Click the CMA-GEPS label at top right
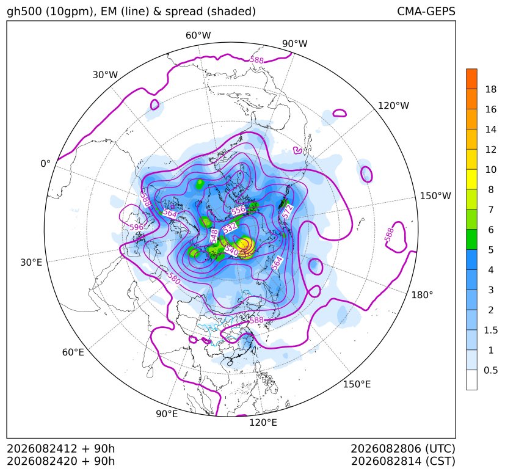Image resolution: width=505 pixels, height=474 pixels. click(x=426, y=11)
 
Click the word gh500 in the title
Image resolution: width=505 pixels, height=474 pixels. click(x=25, y=12)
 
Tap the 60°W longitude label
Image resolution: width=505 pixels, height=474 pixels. click(x=198, y=35)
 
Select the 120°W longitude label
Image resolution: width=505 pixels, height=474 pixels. click(x=393, y=106)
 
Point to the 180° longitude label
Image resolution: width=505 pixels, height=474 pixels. click(x=422, y=295)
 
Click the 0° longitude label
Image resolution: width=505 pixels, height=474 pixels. click(x=45, y=164)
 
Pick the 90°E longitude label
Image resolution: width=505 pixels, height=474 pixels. click(x=167, y=414)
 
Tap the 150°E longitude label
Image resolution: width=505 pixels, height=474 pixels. click(x=357, y=384)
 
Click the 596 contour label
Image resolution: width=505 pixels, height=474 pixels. click(x=137, y=227)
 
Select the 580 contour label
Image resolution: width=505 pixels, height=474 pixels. click(x=174, y=279)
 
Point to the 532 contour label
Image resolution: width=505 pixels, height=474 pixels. click(x=230, y=228)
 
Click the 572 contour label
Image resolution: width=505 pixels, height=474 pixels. click(x=287, y=212)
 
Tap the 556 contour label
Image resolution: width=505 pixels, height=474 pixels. click(x=239, y=210)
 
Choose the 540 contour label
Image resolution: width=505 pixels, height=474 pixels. click(x=231, y=250)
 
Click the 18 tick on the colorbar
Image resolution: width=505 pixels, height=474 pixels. click(x=491, y=89)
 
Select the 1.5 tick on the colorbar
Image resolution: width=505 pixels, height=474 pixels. click(x=490, y=330)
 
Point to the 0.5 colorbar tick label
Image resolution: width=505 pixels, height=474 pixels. click(x=490, y=370)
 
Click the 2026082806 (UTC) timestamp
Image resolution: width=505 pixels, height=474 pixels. click(x=403, y=449)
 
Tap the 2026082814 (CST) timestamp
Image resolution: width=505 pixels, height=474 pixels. click(x=403, y=461)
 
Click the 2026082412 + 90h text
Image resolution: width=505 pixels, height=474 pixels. click(x=61, y=449)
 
